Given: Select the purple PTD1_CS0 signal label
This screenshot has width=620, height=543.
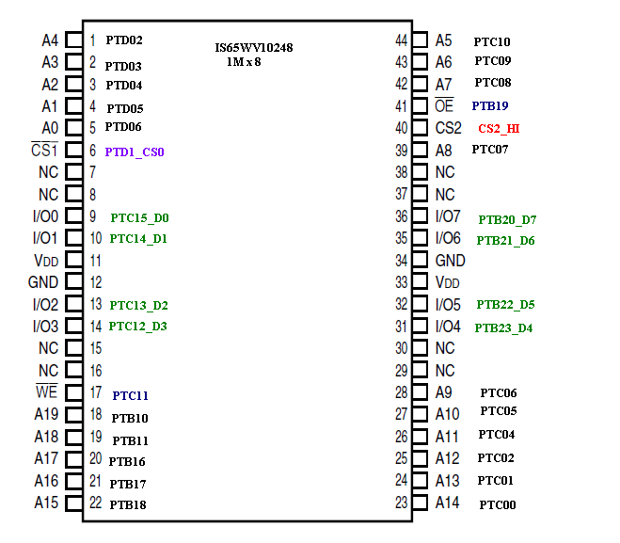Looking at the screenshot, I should coord(135,152).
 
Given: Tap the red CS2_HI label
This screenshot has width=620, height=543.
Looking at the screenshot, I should coord(499,129).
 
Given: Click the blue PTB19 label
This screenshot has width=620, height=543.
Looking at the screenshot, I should coord(490,106).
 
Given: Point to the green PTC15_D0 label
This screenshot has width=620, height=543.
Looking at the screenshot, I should coord(139,217).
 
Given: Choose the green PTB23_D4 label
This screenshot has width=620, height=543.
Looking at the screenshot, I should coord(503,328).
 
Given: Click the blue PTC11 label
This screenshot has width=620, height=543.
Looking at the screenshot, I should coord(131,396).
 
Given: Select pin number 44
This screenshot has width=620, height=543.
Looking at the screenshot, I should coord(402,40).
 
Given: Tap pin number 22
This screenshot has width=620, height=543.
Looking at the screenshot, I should coord(95,503).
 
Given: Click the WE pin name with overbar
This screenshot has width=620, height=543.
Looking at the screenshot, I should coord(46,392).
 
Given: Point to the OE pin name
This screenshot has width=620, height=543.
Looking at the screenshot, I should coord(444,106).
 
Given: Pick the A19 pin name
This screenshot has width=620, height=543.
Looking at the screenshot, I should coord(46,414).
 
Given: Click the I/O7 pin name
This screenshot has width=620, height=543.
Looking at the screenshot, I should coord(448,217).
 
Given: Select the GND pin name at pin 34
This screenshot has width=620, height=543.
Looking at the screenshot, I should coord(450,261).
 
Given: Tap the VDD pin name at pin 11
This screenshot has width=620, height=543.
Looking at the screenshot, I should coord(45,261).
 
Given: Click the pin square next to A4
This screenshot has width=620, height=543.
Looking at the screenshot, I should coord(73,40).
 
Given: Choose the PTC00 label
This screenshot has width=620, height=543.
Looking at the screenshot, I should coord(497,505).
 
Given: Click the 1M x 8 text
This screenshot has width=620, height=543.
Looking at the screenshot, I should coord(244,61).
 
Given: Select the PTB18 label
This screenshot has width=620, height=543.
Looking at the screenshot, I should coord(127,505).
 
